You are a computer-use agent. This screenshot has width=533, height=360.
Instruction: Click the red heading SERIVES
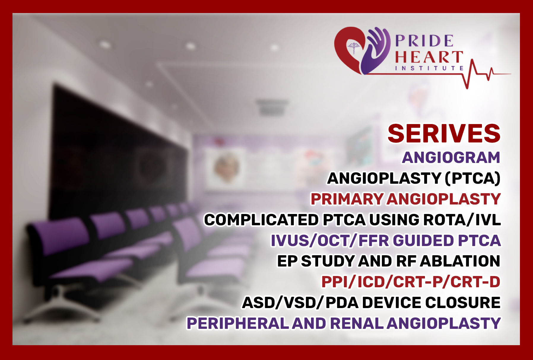click(x=444, y=134)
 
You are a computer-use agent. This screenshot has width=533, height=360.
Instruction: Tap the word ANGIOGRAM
click(x=451, y=158)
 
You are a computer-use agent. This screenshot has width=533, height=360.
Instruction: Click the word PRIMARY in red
click(x=347, y=199)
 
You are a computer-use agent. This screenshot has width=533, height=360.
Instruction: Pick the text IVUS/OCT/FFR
click(x=330, y=241)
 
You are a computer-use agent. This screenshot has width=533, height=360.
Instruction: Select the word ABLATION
click(x=460, y=261)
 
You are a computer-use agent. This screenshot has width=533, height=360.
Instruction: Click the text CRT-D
click(x=475, y=282)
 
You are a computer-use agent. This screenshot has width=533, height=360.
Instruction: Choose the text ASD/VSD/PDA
click(x=300, y=303)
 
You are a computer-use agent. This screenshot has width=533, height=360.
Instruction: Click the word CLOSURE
click(x=463, y=303)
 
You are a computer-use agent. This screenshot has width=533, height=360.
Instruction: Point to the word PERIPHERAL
click(x=238, y=323)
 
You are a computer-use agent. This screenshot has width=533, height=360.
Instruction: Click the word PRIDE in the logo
click(x=424, y=41)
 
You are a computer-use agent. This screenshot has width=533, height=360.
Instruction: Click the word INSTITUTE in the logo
click(x=429, y=68)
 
